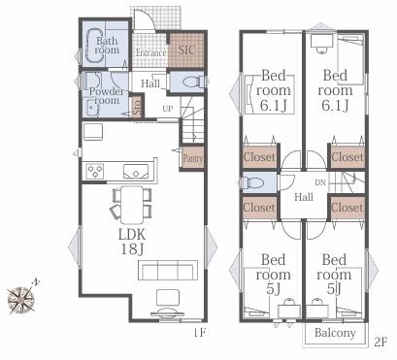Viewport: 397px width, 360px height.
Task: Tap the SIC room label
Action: [186, 50]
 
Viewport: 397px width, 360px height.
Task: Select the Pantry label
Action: [193, 159]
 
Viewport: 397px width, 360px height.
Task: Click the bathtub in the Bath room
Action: [95, 45]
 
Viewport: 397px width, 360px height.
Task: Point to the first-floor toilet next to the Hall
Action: [194, 82]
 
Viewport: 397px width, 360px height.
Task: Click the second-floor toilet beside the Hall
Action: [253, 183]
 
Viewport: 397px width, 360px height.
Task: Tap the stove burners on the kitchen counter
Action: [95, 171]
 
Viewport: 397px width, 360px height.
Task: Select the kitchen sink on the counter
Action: [136, 171]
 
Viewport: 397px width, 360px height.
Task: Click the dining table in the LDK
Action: [132, 205]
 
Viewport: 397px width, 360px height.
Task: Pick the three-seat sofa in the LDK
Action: [168, 270]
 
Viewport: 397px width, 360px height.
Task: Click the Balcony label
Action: [335, 333]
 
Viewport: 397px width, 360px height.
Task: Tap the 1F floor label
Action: [199, 333]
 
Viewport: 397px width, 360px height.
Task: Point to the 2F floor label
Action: [380, 343]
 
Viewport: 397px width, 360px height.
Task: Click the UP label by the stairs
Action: [168, 109]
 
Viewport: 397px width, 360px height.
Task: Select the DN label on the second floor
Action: [320, 182]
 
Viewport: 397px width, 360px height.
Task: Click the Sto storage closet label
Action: [138, 108]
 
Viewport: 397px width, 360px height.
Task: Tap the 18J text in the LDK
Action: [132, 248]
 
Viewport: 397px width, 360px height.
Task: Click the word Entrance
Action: [150, 52]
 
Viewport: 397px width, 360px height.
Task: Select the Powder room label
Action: [107, 96]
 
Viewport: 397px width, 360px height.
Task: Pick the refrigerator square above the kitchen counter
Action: [93, 132]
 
